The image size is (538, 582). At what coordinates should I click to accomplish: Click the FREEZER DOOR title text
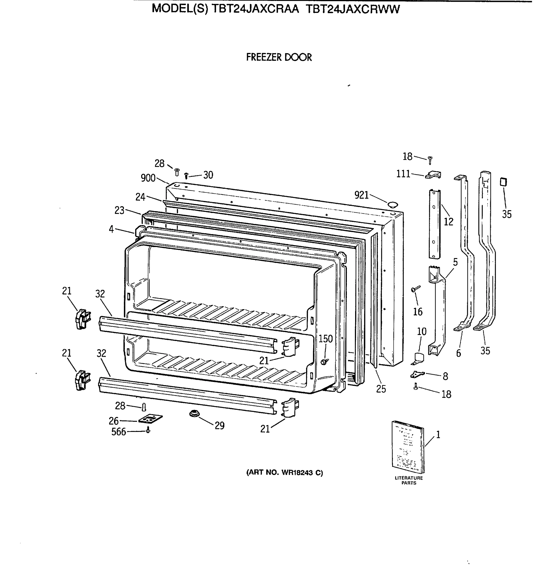click(x=279, y=57)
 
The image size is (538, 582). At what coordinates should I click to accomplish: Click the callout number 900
click(x=148, y=178)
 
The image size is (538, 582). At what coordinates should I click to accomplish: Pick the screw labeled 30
click(x=187, y=176)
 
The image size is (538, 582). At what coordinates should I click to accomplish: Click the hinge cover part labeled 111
click(x=433, y=175)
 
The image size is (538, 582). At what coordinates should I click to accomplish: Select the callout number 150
click(x=325, y=339)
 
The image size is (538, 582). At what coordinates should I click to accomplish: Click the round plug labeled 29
click(x=192, y=413)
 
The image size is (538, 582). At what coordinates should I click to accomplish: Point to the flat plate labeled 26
click(x=150, y=419)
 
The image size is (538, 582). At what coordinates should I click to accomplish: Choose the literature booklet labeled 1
click(x=408, y=447)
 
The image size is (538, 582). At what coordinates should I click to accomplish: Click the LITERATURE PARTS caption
click(x=408, y=480)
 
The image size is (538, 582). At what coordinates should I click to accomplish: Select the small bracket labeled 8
click(x=417, y=374)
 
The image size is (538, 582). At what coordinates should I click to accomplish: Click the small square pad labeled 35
click(x=503, y=182)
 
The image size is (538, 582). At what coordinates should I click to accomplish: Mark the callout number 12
click(x=448, y=222)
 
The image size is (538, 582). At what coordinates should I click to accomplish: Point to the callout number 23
click(x=119, y=210)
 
